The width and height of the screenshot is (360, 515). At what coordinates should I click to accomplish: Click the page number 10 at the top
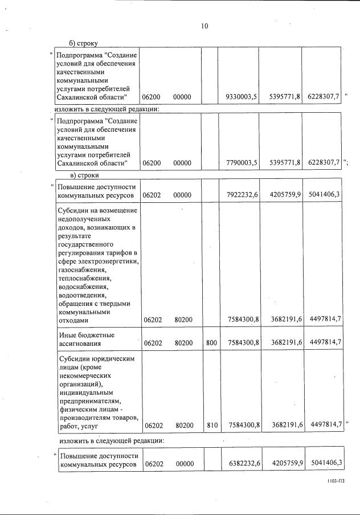[x=204, y=26]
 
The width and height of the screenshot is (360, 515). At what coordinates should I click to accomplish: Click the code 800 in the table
[x=211, y=344]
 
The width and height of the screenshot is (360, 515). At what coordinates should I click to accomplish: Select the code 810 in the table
[x=211, y=425]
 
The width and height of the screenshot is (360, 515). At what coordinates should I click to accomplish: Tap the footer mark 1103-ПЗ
[x=336, y=481]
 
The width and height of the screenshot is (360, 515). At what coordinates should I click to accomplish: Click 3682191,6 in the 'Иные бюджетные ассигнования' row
[x=280, y=344]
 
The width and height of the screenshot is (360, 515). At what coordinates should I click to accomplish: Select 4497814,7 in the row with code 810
[x=322, y=425]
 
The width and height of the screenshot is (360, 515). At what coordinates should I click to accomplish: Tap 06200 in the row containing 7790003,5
[x=152, y=163]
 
